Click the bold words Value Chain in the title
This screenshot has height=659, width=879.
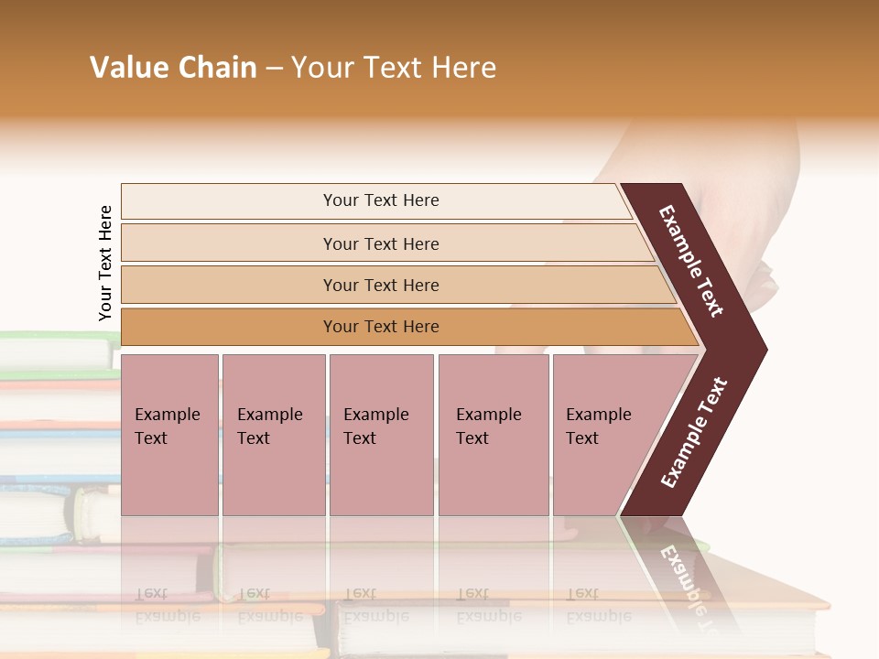point(173,68)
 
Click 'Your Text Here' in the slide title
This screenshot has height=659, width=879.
point(394,68)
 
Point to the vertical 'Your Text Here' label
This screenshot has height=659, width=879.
point(105,263)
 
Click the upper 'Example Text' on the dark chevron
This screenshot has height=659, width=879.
point(691,261)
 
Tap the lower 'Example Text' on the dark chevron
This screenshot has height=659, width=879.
point(694,433)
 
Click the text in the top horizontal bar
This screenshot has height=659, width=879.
point(381,200)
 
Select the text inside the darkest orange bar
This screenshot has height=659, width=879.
point(381,327)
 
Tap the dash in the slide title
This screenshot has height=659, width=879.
point(274,69)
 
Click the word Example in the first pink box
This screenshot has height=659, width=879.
point(167,415)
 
